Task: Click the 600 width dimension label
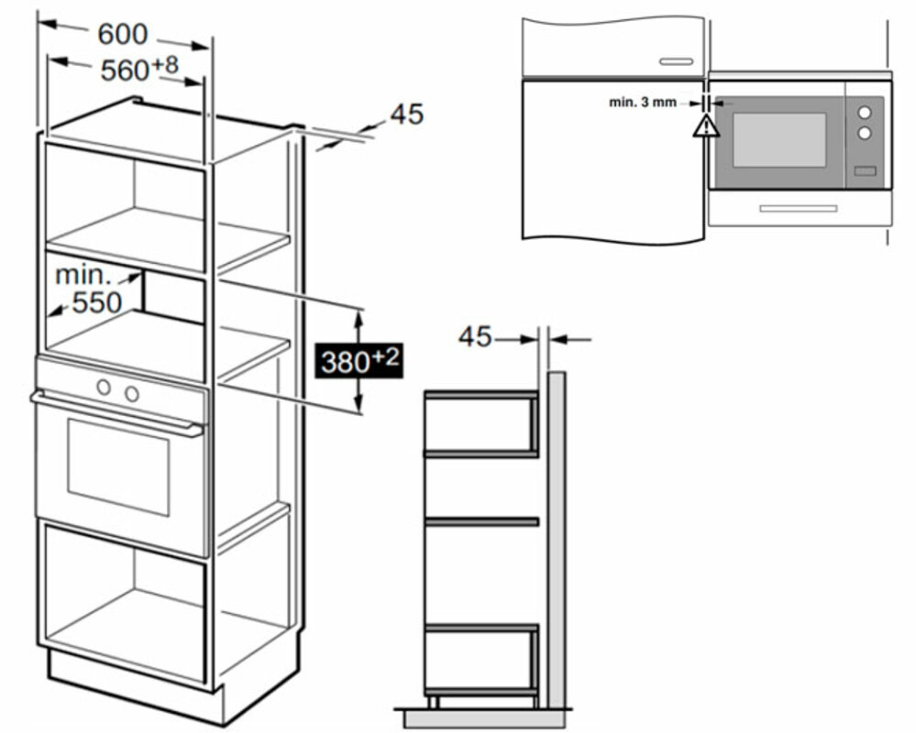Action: click(x=122, y=35)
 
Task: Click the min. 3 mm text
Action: click(x=642, y=102)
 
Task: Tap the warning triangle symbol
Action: click(x=705, y=126)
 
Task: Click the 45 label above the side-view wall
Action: click(x=475, y=337)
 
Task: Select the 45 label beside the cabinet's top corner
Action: click(x=407, y=115)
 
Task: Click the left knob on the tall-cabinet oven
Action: click(x=105, y=388)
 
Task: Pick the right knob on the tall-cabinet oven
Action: click(x=132, y=394)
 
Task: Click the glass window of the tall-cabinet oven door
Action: click(x=118, y=467)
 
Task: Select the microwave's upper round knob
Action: click(x=864, y=113)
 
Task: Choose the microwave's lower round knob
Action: click(x=864, y=134)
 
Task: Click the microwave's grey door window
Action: click(x=778, y=140)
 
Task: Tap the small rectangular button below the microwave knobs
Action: click(x=864, y=170)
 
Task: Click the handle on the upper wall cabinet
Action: click(x=675, y=61)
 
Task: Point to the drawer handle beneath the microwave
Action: click(x=798, y=208)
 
